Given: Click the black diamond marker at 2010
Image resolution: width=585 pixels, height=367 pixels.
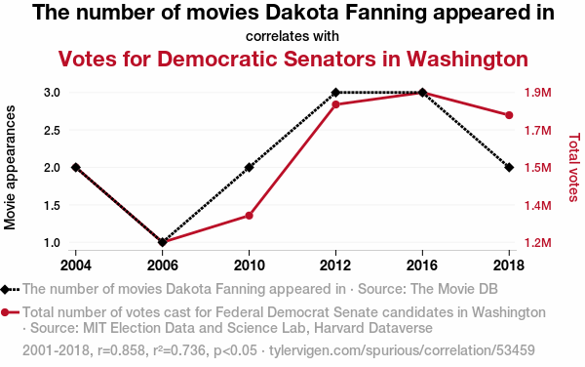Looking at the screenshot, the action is click(249, 167).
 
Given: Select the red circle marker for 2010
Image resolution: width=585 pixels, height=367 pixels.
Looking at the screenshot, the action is click(249, 216).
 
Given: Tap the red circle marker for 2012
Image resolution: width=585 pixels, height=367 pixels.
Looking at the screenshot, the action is click(335, 104).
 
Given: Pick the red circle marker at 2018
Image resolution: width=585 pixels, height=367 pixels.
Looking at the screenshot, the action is click(509, 115).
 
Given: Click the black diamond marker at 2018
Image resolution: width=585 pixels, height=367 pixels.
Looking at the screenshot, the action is click(509, 167).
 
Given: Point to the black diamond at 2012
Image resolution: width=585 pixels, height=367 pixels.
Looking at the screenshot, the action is click(335, 92).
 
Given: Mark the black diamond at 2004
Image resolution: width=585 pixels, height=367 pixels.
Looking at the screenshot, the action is click(76, 167).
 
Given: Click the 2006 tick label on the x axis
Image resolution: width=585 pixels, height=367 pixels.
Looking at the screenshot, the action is click(162, 265).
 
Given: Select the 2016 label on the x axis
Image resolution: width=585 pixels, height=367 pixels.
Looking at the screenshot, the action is click(422, 265).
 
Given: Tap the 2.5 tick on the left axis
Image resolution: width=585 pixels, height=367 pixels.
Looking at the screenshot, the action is click(52, 130).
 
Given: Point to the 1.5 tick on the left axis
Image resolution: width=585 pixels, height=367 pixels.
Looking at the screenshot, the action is click(52, 205).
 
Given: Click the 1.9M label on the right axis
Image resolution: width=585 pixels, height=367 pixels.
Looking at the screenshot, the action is click(537, 93).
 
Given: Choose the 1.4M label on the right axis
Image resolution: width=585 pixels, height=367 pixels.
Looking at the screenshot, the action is click(537, 205).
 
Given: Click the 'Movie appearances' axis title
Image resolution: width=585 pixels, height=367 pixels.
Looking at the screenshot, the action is click(10, 167).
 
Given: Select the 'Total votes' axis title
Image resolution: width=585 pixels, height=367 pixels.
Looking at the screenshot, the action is click(574, 167).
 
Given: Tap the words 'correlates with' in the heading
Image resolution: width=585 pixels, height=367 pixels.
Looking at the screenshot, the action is click(292, 36).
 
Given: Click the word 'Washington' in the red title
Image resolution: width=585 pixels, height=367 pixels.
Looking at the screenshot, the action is click(467, 59).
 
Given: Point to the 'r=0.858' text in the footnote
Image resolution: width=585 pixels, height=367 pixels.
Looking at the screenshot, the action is click(121, 350).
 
